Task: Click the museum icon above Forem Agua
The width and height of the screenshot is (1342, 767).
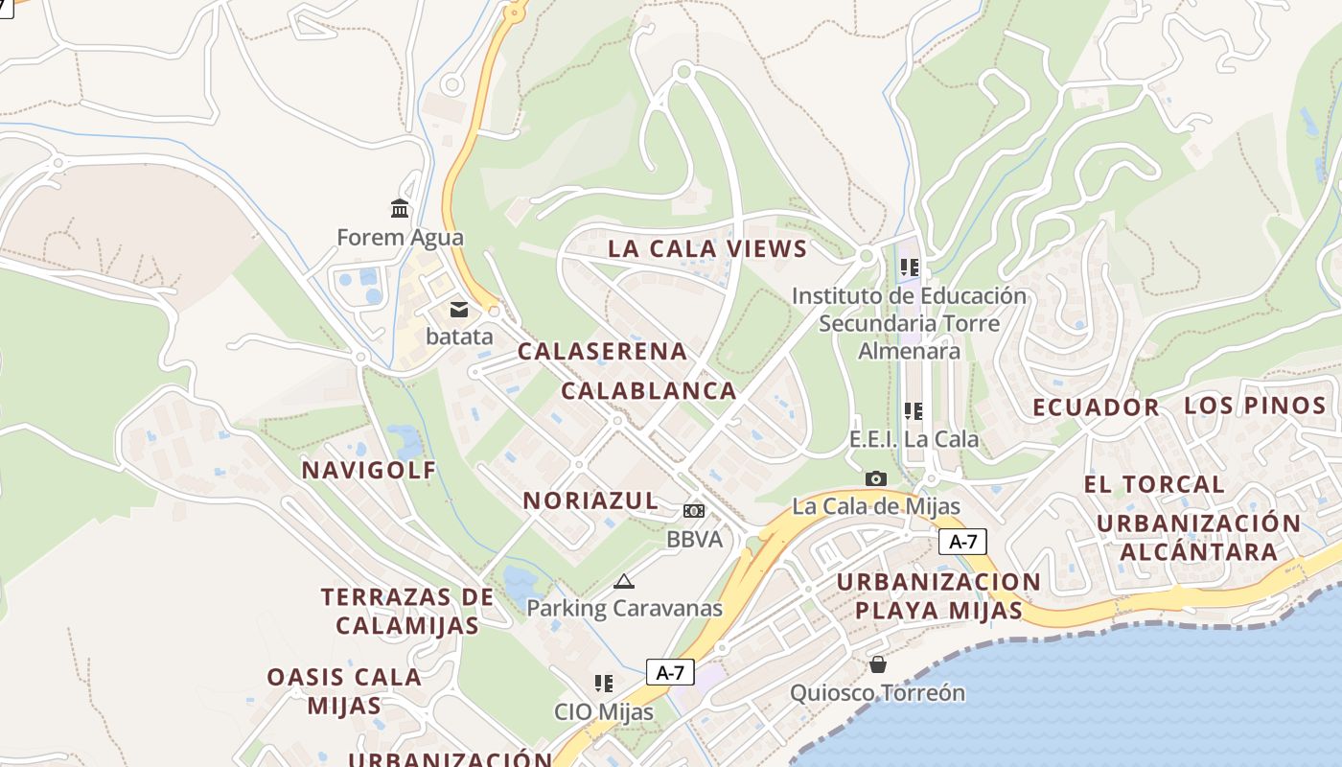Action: [x=400, y=208]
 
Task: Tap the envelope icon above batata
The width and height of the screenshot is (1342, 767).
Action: [x=459, y=309]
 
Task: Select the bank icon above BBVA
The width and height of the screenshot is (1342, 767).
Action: [x=694, y=511]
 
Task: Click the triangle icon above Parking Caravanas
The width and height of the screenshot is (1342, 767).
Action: [x=624, y=580]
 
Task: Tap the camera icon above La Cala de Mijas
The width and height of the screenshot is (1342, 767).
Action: [x=875, y=477]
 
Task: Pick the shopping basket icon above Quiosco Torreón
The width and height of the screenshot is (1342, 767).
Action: [x=877, y=664]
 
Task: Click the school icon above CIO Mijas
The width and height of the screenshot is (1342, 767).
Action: [x=603, y=684]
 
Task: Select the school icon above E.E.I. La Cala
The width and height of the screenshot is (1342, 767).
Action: [x=914, y=411]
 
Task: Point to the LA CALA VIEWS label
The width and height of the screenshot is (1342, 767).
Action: [x=707, y=249]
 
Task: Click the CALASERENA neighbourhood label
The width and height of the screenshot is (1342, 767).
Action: [x=602, y=351]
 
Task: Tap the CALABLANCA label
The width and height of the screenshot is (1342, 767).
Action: [x=648, y=391]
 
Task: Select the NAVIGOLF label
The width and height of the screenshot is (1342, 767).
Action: [x=369, y=470]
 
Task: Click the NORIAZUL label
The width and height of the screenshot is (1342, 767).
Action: [x=590, y=500]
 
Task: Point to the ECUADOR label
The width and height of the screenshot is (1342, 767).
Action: [x=1096, y=407]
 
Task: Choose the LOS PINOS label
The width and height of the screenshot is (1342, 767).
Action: [x=1255, y=405]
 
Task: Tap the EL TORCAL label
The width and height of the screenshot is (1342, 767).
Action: [x=1154, y=484]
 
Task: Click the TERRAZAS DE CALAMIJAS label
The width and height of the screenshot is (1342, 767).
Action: [x=407, y=611]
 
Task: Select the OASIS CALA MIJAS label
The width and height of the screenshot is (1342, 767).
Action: [x=344, y=691]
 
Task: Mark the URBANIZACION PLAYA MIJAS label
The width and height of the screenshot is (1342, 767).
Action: [x=938, y=595]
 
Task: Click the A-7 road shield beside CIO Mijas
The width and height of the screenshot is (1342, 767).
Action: [x=670, y=672]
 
